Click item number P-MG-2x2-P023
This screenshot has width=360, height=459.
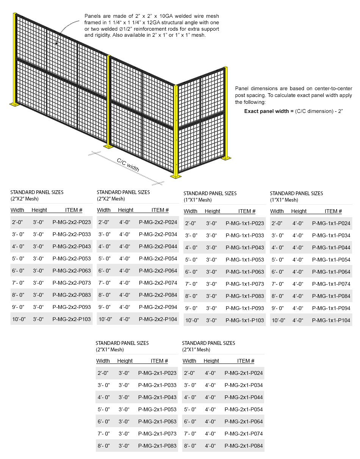72,222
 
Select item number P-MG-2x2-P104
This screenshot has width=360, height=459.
158,319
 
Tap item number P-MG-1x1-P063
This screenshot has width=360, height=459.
245,272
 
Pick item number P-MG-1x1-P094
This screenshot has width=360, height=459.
331,308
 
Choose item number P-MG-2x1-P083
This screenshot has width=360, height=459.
157,446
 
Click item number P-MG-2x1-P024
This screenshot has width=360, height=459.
244,373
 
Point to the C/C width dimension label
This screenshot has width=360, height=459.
128,165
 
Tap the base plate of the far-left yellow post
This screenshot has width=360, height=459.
15,104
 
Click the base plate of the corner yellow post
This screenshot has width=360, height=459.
176,176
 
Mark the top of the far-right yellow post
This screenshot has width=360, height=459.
226,68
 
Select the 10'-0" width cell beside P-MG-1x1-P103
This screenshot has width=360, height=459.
192,320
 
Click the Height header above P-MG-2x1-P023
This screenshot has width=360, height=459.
125,361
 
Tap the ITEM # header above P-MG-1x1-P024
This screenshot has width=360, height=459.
333,211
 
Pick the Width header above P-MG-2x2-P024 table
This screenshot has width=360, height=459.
104,210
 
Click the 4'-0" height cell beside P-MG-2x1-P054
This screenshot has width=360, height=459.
210,409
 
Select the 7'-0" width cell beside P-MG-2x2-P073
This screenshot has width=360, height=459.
18,283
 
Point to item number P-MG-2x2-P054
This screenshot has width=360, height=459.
158,258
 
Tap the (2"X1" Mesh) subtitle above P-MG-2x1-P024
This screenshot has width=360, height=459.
196,349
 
